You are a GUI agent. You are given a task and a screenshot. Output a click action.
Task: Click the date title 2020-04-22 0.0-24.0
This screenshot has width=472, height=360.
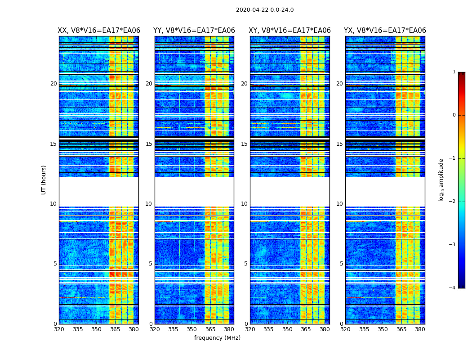(265, 10)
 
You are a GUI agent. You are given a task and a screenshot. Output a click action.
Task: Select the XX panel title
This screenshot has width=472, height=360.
(99, 31)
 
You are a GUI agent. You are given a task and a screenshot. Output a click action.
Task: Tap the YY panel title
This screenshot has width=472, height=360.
(194, 31)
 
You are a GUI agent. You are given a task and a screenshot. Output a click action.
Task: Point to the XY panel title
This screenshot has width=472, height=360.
(290, 31)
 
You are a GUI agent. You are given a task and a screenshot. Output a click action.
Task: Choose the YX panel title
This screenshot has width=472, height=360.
(385, 31)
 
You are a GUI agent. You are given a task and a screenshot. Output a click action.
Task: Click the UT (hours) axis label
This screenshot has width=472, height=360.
(44, 180)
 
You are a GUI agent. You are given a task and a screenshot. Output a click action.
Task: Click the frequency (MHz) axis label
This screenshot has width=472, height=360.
(217, 338)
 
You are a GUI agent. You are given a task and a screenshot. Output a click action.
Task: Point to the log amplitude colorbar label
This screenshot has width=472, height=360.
(441, 180)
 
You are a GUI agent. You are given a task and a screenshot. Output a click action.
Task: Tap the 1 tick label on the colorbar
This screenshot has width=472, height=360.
(454, 72)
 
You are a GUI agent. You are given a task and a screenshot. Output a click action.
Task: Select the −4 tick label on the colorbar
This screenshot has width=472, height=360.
(452, 288)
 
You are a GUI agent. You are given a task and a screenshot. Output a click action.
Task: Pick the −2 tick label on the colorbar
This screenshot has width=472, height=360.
(452, 202)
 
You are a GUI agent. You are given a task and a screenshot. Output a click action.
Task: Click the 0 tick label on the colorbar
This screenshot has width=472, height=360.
(454, 115)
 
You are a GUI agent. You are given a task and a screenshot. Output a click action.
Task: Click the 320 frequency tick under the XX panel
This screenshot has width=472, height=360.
(59, 329)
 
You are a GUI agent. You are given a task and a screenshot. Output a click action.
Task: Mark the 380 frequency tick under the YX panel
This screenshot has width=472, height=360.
(420, 329)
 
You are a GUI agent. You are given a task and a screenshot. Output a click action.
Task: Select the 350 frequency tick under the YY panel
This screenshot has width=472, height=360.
(192, 329)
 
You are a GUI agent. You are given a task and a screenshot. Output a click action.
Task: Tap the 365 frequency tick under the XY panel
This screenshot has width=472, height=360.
(306, 329)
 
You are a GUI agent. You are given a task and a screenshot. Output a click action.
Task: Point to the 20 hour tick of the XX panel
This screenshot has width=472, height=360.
(53, 84)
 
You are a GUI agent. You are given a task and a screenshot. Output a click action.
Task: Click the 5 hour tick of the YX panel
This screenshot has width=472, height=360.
(341, 264)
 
